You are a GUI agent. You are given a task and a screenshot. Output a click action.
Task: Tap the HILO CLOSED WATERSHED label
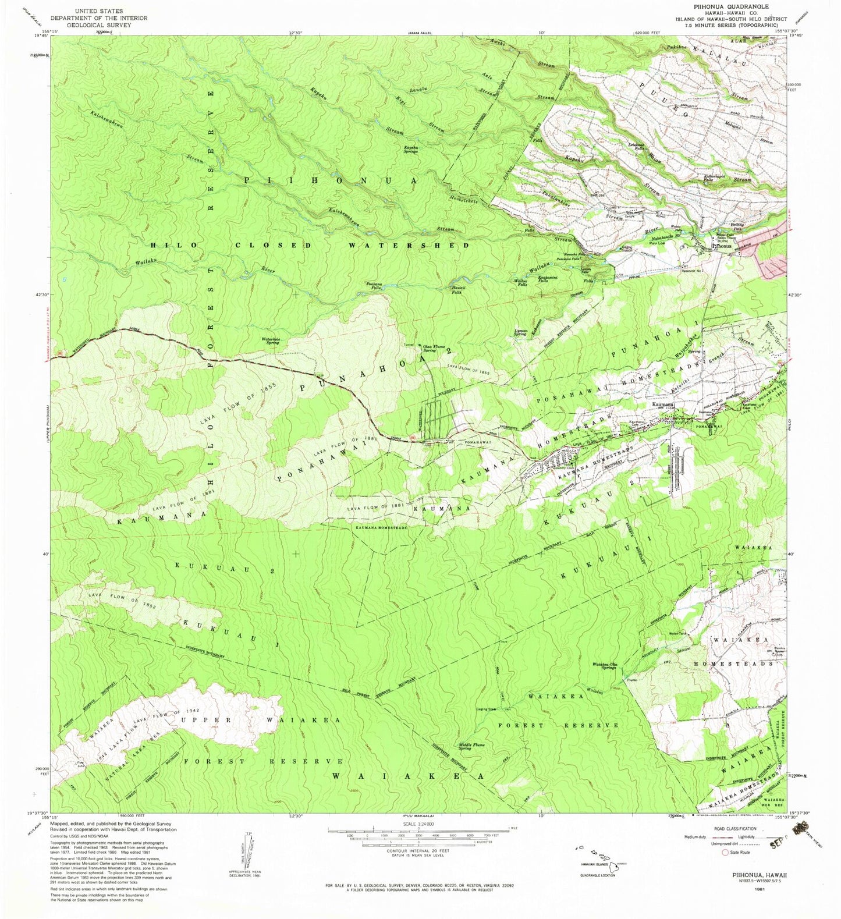point(310,246)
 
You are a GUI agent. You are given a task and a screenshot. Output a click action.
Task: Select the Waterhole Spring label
point(271,341)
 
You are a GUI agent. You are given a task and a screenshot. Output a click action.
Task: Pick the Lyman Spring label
point(520,332)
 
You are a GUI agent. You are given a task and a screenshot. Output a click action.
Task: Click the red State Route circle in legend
point(725,853)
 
